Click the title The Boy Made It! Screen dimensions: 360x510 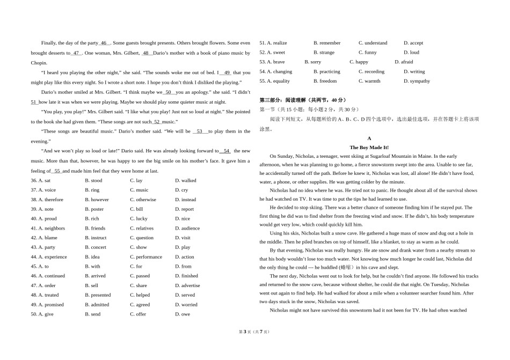[369, 147]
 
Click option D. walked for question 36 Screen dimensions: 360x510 [186, 181]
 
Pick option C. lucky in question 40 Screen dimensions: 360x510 [139, 219]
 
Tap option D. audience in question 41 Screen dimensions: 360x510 [187, 229]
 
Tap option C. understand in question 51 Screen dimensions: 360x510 [373, 43]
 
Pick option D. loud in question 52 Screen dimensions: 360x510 [411, 53]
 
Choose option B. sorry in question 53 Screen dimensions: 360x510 [312, 62]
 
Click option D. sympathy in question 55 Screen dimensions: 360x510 [417, 82]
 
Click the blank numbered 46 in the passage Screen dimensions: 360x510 [104, 43]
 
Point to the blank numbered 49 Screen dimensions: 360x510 [227, 72]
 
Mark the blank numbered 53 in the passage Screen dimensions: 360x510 [199, 131]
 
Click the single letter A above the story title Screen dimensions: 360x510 [369, 138]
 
